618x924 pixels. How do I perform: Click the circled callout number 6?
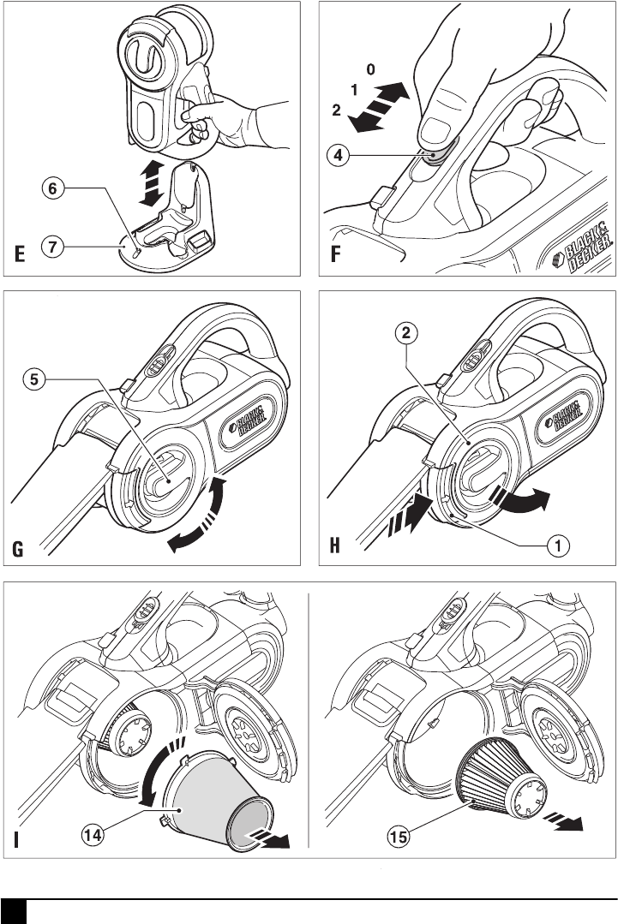click(x=53, y=188)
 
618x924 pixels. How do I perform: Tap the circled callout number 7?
click(x=53, y=247)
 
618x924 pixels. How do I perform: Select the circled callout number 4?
click(x=338, y=155)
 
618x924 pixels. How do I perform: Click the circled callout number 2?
click(x=406, y=333)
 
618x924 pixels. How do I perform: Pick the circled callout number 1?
click(x=558, y=545)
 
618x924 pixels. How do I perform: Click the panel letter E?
click(x=20, y=254)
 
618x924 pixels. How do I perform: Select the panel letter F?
click(x=335, y=254)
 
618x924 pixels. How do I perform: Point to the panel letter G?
click(x=18, y=549)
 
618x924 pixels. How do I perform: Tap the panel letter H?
click(x=334, y=545)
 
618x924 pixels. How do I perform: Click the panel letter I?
click(x=16, y=839)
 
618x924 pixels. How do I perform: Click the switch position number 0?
click(x=370, y=69)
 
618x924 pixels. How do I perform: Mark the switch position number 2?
click(x=336, y=110)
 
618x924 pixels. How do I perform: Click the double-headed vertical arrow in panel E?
click(x=152, y=182)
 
